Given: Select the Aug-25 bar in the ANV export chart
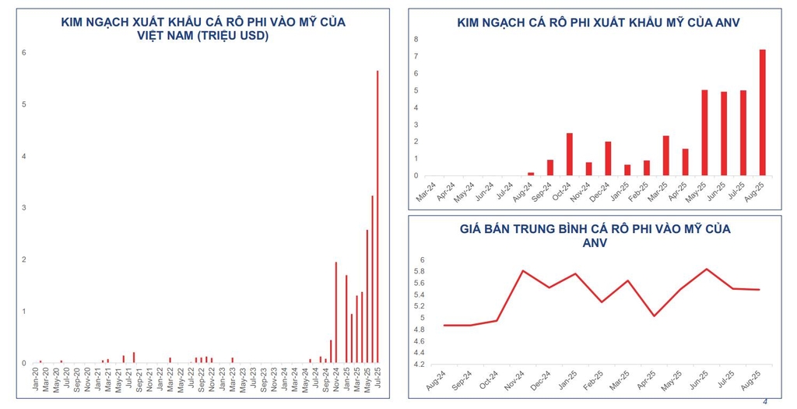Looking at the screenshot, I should (x=762, y=113).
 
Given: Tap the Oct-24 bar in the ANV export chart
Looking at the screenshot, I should (x=570, y=154).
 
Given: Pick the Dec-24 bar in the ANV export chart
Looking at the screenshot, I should (x=608, y=159).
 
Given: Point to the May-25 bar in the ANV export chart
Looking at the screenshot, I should (x=704, y=133).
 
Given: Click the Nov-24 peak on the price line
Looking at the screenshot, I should (x=523, y=270).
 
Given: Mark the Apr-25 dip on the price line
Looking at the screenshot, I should (x=654, y=316).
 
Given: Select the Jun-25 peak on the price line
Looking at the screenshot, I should (x=707, y=269).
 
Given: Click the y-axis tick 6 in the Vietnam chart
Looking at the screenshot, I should (x=24, y=53).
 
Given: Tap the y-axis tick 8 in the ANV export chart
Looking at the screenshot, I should (x=416, y=40).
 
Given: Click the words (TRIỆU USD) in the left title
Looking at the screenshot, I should (x=233, y=36).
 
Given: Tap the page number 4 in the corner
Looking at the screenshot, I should (x=764, y=401).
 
